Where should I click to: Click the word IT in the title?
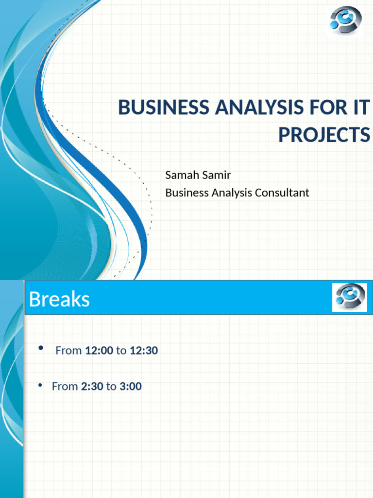click(x=362, y=107)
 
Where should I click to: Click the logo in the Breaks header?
click(x=349, y=298)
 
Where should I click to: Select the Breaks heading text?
click(x=59, y=300)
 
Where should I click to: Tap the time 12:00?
click(x=99, y=351)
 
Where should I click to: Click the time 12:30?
click(x=144, y=351)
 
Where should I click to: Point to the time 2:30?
click(x=92, y=387)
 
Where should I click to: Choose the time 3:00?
click(x=130, y=387)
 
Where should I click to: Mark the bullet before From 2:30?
click(x=41, y=386)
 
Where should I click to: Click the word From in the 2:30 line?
click(x=65, y=387)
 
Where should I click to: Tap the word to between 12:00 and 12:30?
click(x=121, y=351)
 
